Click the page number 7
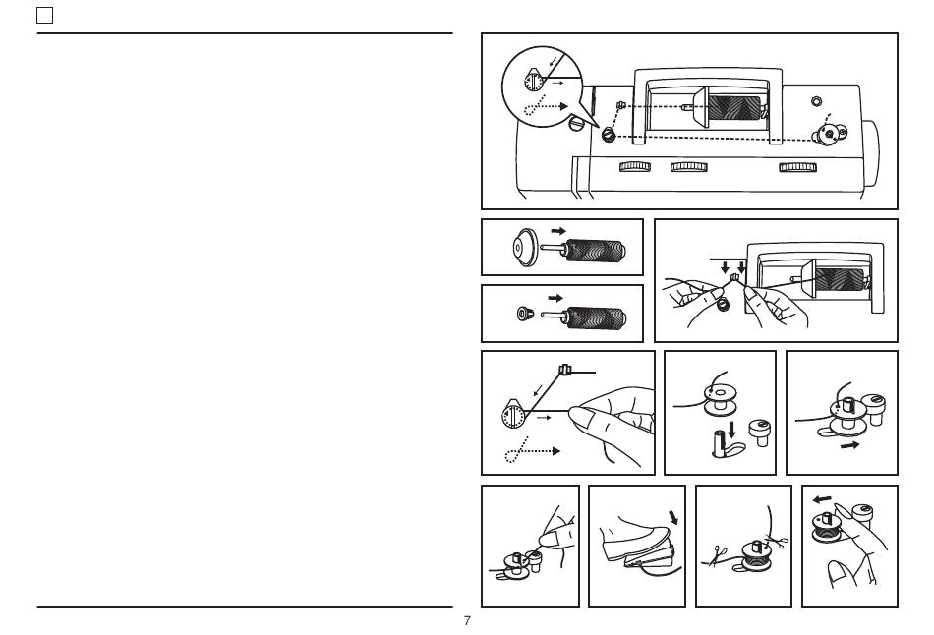point(467,620)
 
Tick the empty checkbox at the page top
point(44,16)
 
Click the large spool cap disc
point(525,247)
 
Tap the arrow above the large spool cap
point(558,231)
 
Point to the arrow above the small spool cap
point(555,298)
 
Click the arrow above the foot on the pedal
point(673,517)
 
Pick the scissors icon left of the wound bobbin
point(718,555)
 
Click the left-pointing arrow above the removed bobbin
point(823,499)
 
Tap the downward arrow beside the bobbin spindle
point(731,429)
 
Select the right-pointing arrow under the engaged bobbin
point(850,445)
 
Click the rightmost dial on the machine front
point(797,167)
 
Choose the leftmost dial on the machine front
point(635,166)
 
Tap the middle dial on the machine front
point(689,167)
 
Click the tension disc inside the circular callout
point(533,81)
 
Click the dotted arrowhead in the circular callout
point(563,106)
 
